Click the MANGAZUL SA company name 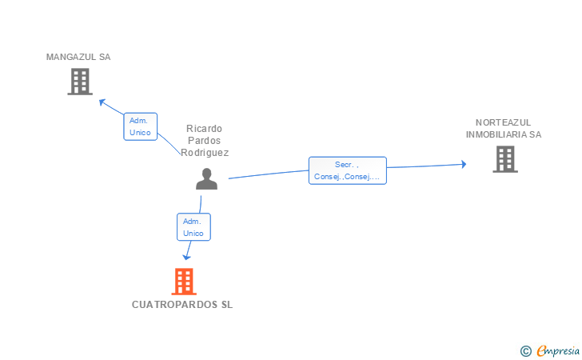coord(78,57)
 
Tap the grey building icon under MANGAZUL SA coord(80,82)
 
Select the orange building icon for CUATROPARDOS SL coord(184,282)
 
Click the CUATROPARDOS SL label coord(182,305)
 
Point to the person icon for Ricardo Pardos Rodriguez coord(207,178)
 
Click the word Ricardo coord(204,129)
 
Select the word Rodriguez coord(205,153)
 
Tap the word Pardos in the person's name coord(204,141)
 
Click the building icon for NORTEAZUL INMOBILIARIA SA coord(505,159)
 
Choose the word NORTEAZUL coord(504,122)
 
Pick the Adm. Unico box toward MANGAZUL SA coord(141,126)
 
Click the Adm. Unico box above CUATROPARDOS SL coord(193,227)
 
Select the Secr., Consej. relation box coord(348,170)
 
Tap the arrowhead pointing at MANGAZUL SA coord(102,102)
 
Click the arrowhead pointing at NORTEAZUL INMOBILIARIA coord(464,164)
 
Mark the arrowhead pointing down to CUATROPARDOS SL coord(187,257)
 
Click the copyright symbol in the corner coord(525,351)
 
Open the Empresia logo coord(558,350)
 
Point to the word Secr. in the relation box coord(344,165)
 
